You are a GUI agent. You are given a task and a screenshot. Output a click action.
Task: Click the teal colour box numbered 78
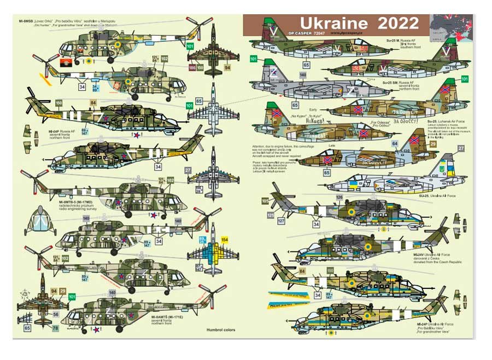55,328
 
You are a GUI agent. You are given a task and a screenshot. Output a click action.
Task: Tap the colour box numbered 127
281,221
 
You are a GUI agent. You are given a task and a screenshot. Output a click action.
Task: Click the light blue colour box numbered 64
395,144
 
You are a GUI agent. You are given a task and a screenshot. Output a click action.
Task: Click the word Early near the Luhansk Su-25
313,110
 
